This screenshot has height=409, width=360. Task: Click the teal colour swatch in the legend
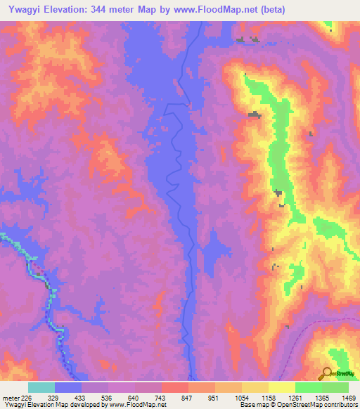coord(41,387)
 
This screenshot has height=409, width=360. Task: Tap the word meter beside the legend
coord(9,398)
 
